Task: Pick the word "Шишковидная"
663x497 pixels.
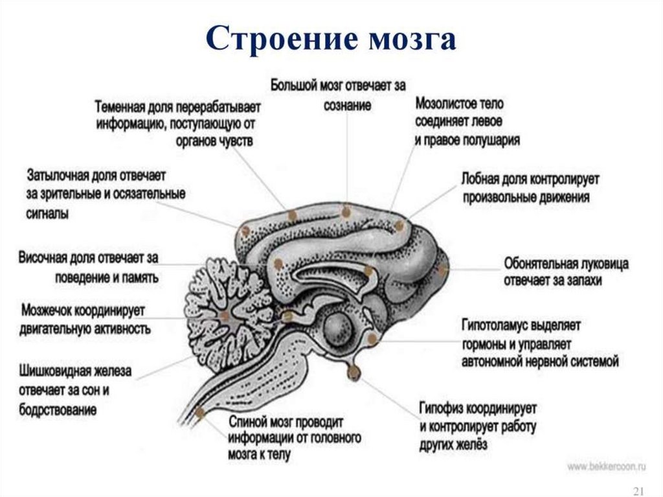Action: [x=58, y=373]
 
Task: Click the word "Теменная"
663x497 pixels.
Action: [x=124, y=106]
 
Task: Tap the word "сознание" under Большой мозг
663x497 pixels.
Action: [x=348, y=105]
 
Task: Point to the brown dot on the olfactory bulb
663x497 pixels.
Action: [x=443, y=270]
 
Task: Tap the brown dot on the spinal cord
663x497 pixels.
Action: [x=200, y=412]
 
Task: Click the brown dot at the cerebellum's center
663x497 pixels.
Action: [x=225, y=316]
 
